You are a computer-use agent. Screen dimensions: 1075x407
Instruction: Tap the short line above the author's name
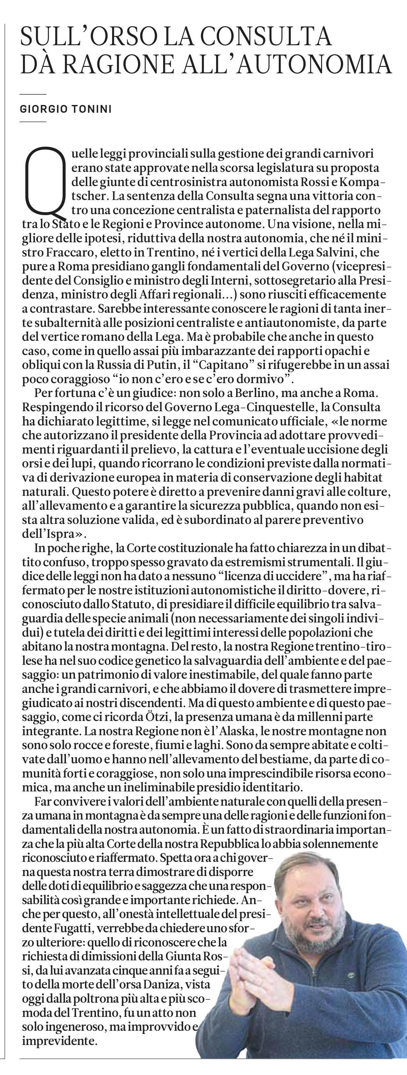tap(33, 95)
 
